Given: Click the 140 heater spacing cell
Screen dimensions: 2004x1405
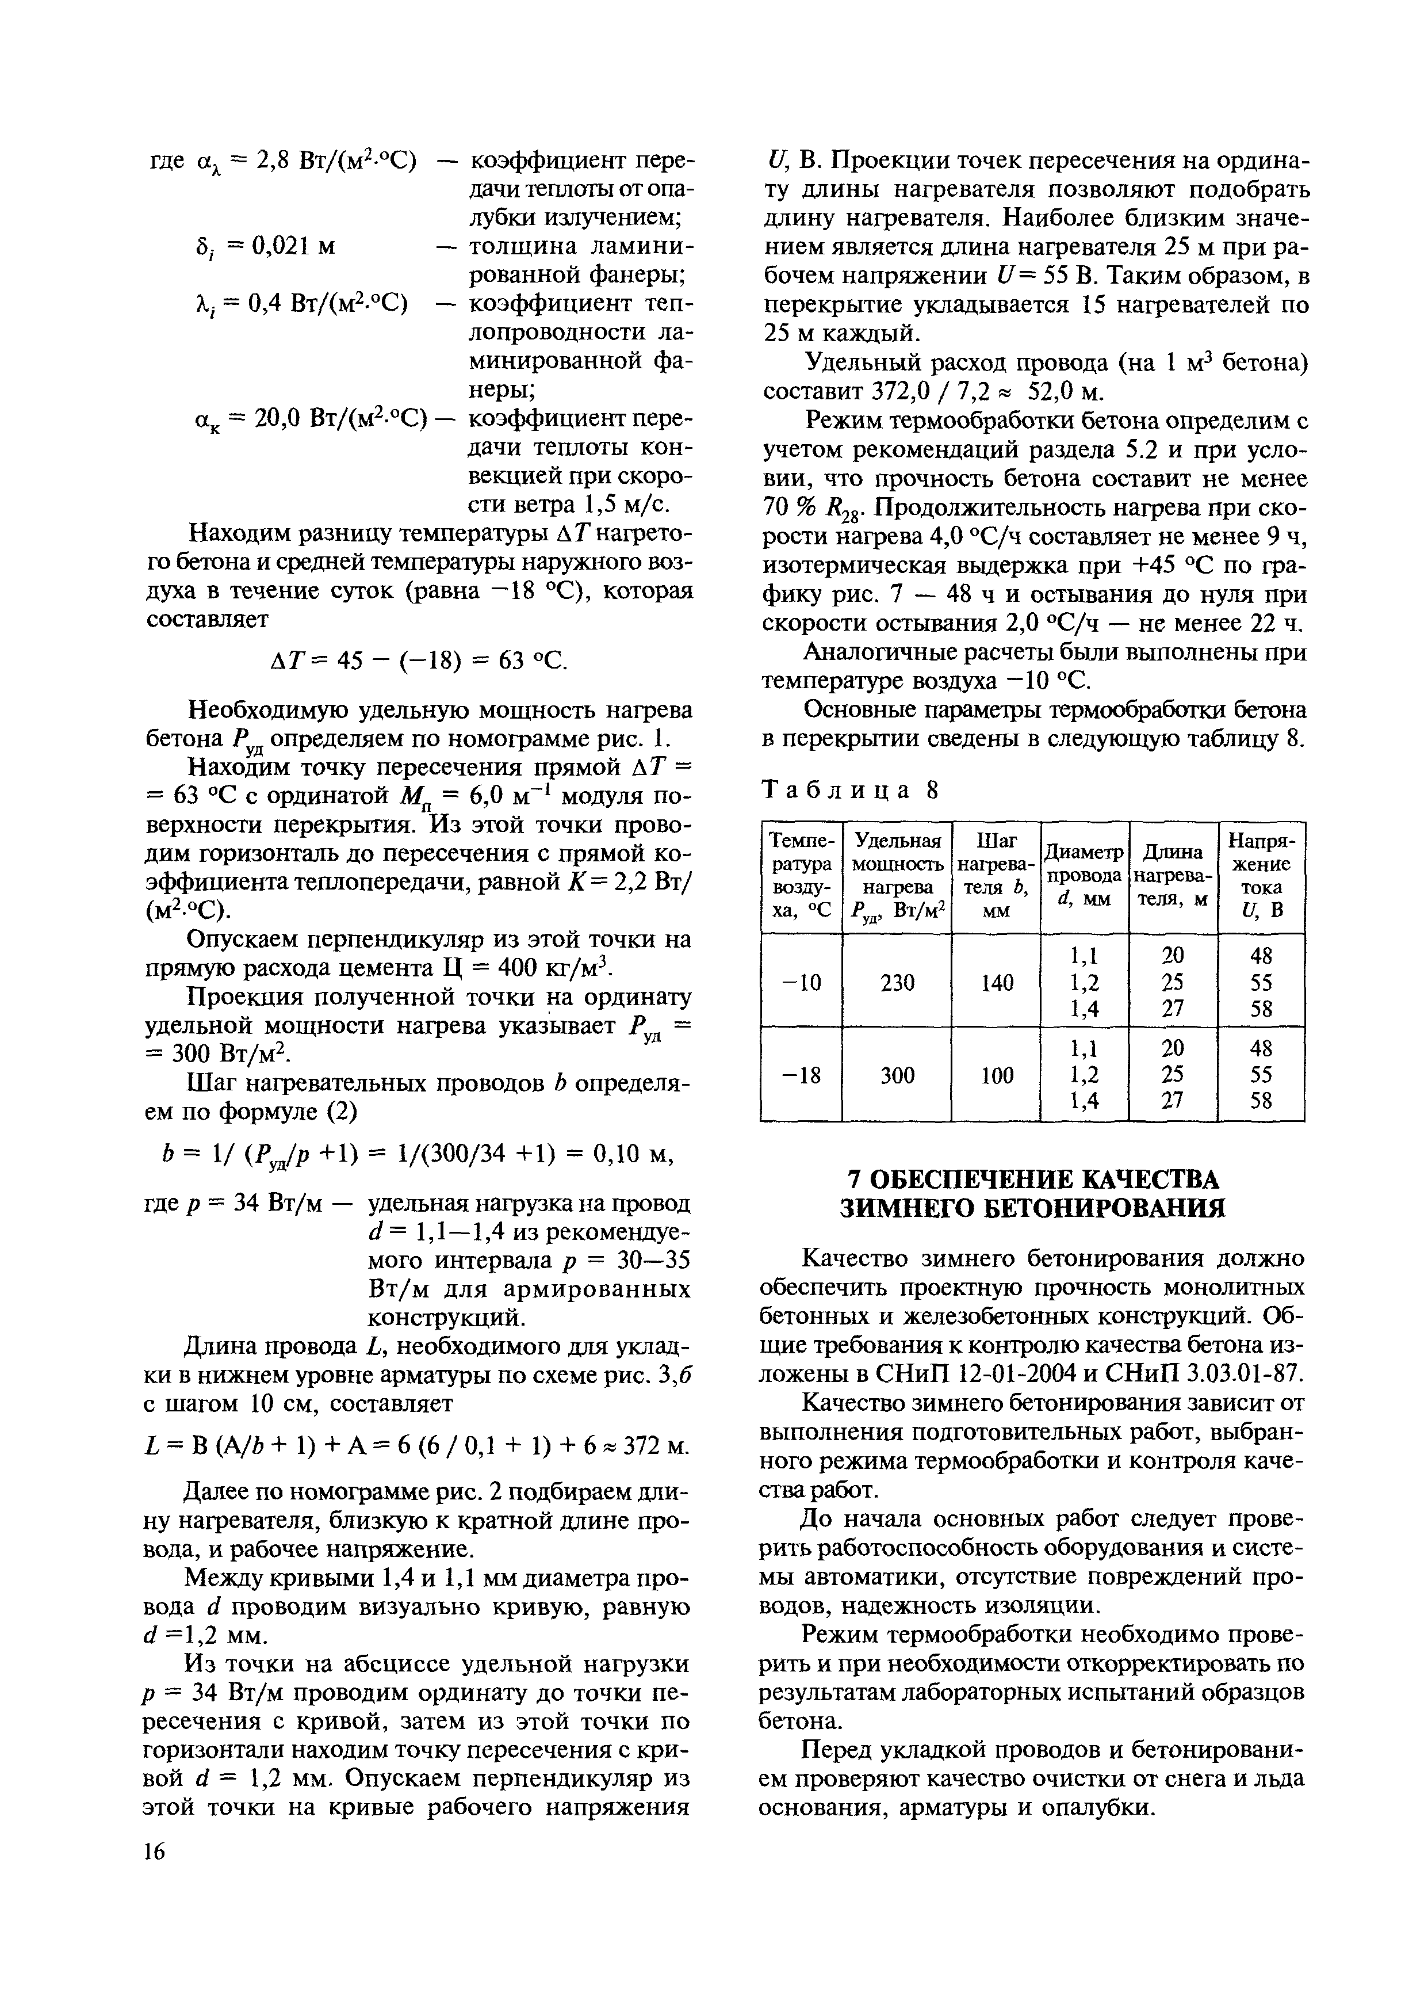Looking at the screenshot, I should click(x=996, y=982).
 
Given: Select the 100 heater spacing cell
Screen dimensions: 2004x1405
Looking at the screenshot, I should click(x=996, y=1074).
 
